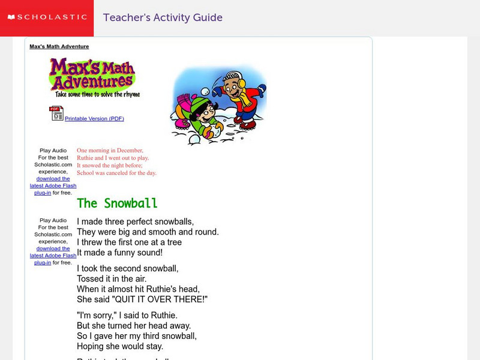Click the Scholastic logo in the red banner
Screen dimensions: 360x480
tap(47, 17)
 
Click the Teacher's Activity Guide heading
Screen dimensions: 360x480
tap(163, 17)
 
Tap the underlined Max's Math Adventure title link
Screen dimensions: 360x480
tap(59, 46)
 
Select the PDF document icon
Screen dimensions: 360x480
tap(56, 113)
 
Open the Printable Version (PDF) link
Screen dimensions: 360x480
tap(94, 119)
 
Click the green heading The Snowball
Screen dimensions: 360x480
tap(117, 203)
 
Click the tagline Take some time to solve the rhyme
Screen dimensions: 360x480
tap(97, 94)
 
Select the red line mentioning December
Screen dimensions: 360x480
tap(110, 150)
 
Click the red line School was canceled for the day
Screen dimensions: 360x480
tap(116, 173)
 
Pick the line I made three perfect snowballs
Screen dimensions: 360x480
tap(135, 221)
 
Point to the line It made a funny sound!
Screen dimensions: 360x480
tap(119, 253)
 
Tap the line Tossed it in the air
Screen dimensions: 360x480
tap(112, 278)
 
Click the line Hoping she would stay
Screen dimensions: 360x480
tap(120, 346)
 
